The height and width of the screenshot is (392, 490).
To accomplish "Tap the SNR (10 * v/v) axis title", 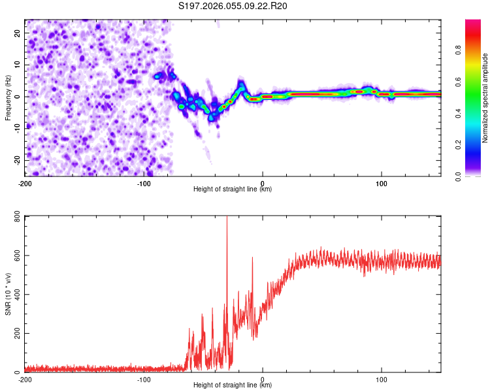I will coord(8,294).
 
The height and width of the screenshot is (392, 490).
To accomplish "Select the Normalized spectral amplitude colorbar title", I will coord(485,98).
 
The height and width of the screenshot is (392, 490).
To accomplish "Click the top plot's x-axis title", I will coord(233,189).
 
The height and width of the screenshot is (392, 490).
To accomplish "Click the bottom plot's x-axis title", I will coord(233,385).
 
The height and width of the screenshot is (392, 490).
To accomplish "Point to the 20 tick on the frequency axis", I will coord(18,33).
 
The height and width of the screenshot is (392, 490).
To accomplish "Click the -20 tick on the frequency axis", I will coord(16,160).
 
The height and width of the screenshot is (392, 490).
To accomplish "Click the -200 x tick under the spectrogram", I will coord(25,183).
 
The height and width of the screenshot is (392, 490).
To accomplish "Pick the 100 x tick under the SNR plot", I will coord(382,379).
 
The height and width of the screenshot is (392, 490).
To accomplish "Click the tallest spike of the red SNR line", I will coord(227,218).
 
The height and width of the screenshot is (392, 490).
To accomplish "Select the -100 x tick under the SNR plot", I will coord(144,379).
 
